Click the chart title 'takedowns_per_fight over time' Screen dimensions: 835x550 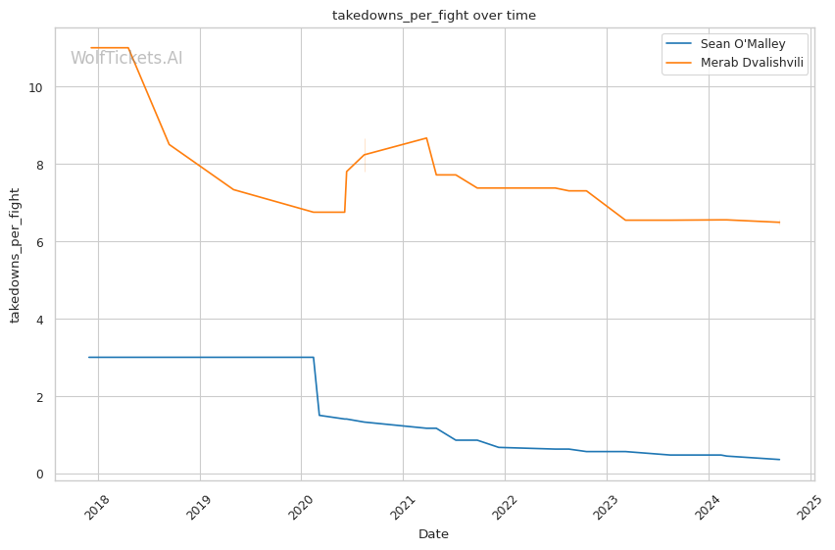click(434, 16)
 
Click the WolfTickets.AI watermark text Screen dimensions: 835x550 click(126, 58)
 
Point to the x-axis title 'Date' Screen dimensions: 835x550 click(433, 534)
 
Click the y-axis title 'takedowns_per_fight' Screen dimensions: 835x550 click(15, 255)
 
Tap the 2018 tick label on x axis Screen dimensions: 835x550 click(96, 508)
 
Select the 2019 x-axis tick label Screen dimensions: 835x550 click(198, 508)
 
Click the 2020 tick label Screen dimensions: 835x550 click(299, 508)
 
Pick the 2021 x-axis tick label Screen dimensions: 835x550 click(402, 508)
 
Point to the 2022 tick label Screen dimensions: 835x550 click(503, 508)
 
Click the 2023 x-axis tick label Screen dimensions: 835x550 click(605, 508)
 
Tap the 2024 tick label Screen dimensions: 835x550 click(707, 508)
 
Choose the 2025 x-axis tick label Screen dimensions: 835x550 click(809, 508)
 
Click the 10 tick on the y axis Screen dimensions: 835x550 click(35, 87)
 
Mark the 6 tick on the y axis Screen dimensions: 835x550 click(39, 242)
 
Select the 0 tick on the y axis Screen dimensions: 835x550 click(39, 475)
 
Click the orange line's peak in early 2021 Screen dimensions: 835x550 click(426, 138)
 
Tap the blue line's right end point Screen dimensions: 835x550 click(779, 460)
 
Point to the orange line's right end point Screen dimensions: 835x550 click(779, 223)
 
